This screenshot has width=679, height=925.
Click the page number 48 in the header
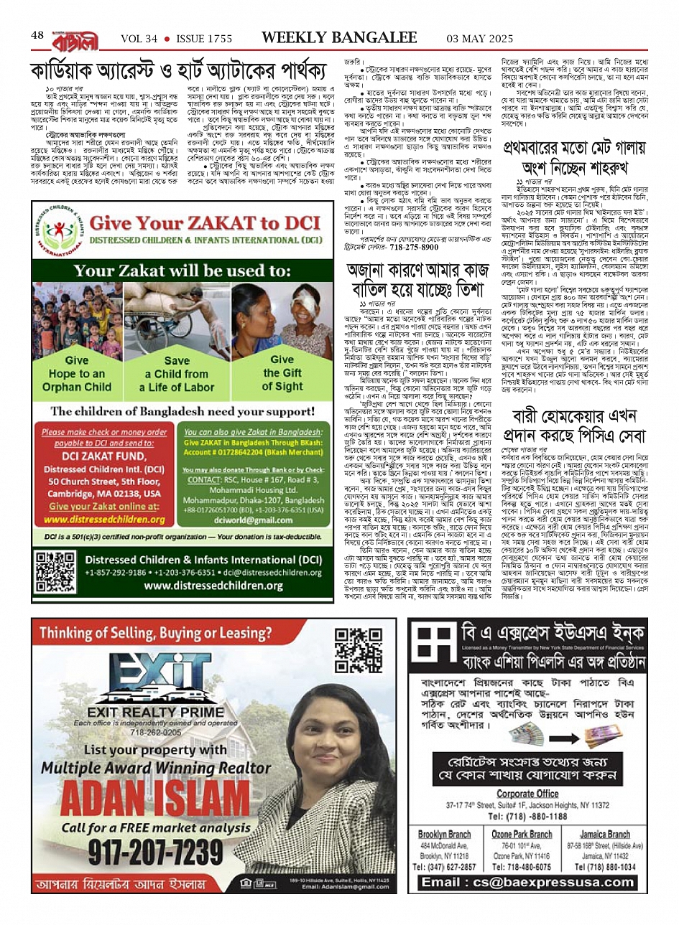tap(37, 35)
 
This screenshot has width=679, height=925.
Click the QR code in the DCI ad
tap(55, 571)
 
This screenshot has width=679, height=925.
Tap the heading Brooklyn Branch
tap(445, 835)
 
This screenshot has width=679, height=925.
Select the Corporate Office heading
tap(527, 794)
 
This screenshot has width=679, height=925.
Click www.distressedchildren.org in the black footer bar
tap(203, 586)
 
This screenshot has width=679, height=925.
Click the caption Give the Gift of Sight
tap(282, 372)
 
